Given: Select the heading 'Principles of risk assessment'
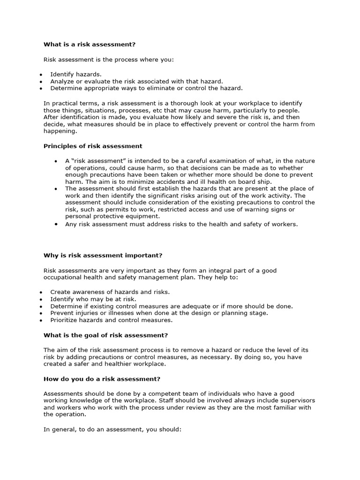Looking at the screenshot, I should (93, 146).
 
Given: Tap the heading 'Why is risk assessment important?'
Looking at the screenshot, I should (103, 255).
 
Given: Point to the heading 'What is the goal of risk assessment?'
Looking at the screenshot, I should (105, 335).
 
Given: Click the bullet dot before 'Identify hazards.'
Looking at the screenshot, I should (41, 75).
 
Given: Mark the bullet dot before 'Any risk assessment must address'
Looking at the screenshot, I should (56, 225).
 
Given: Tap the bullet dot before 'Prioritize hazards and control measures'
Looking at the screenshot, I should (41, 321).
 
